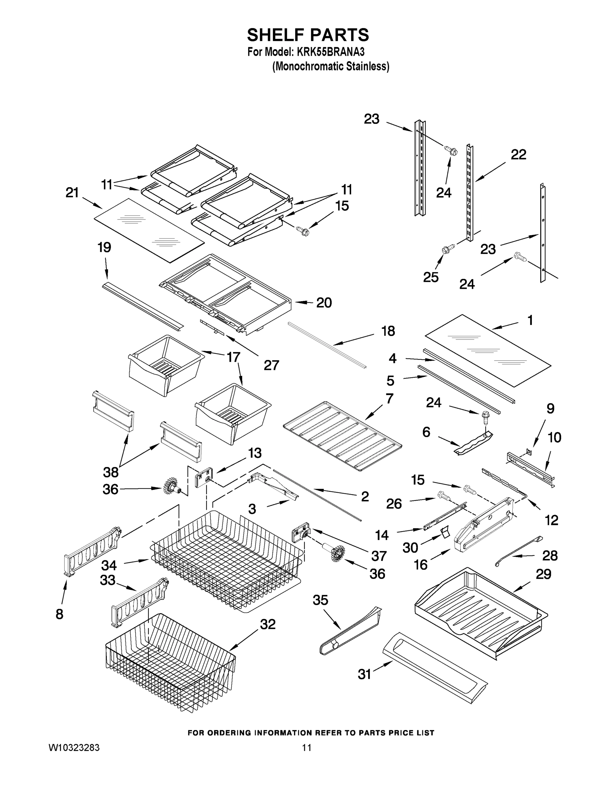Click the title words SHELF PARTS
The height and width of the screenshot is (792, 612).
coord(308,35)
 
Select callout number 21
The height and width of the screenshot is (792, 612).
coord(72,193)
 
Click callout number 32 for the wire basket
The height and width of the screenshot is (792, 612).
coord(268,624)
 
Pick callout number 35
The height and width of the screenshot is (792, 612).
coord(320,600)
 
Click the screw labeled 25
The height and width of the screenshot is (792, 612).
coord(446,250)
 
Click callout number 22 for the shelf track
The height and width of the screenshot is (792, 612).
coord(518,155)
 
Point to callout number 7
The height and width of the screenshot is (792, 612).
coord(389,399)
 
